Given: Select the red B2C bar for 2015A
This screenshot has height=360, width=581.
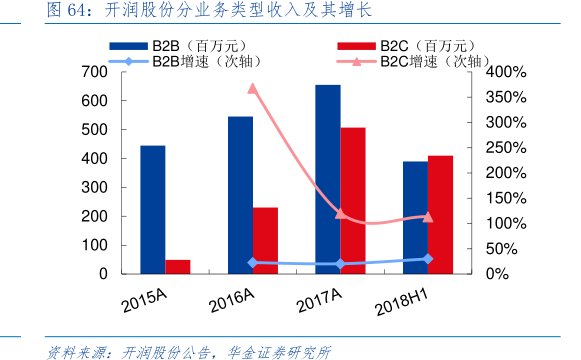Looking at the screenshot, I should tap(177, 266).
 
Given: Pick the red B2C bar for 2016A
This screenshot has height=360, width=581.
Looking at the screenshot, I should tap(265, 240).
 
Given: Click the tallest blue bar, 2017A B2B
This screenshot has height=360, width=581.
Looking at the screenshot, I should tap(328, 179).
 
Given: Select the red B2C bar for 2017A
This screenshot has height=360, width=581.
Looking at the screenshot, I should tap(352, 200).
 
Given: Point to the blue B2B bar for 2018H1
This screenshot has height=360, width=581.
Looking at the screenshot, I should tap(415, 217).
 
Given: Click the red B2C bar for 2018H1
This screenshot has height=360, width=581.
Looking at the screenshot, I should tap(440, 214).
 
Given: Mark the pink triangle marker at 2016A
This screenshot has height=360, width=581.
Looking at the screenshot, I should tap(252, 88).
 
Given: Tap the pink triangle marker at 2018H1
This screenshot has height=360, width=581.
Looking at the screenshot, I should tap(428, 216).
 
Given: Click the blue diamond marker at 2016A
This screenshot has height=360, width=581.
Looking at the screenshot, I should tap(252, 263).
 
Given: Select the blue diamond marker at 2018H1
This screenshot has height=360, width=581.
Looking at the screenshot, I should tap(428, 259).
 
